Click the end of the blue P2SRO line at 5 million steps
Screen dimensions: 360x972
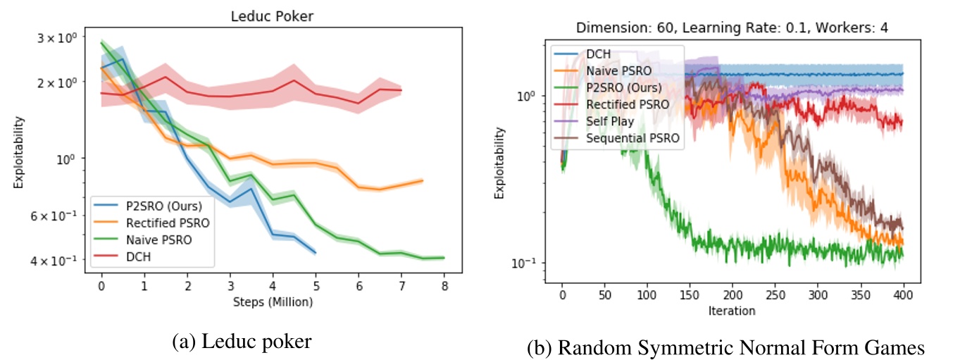click(x=315, y=252)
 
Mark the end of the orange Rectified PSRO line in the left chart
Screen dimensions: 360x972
click(x=423, y=181)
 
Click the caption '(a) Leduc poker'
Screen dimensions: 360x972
click(x=242, y=342)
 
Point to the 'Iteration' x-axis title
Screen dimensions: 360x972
click(x=732, y=311)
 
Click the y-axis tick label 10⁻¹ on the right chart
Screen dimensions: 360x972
click(x=529, y=263)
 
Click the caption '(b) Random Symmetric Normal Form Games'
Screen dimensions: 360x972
click(x=725, y=347)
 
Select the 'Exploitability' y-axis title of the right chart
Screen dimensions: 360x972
click(x=499, y=163)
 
